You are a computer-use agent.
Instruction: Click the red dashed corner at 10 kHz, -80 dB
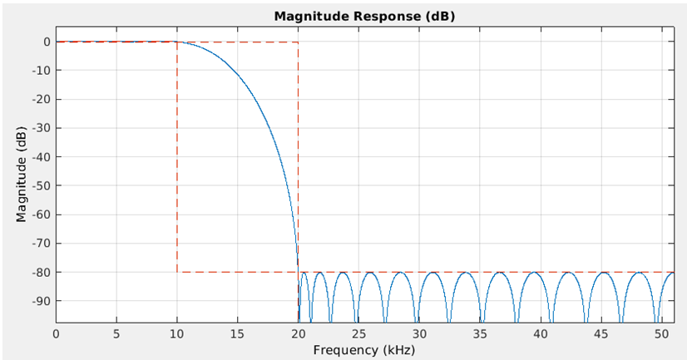point(177,272)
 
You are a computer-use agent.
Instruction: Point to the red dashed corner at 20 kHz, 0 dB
point(298,42)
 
